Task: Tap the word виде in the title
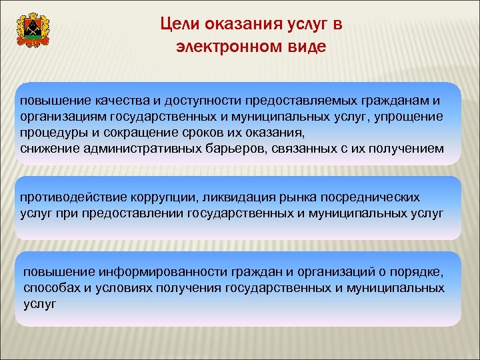point(307,47)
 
